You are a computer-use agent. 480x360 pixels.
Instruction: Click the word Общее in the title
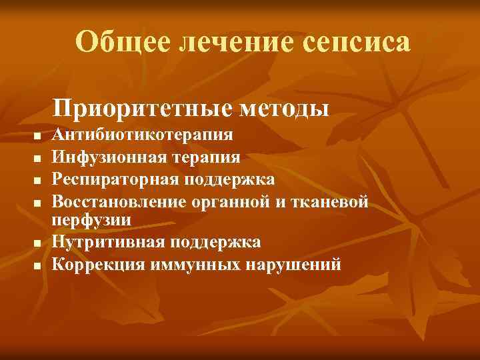pyautogui.click(x=120, y=43)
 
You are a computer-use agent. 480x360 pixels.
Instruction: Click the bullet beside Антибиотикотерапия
pyautogui.click(x=37, y=137)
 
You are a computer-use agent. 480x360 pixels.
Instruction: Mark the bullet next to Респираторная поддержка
pyautogui.click(x=37, y=181)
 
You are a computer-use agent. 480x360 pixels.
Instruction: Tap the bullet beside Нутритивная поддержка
pyautogui.click(x=37, y=243)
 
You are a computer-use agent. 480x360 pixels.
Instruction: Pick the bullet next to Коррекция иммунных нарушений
pyautogui.click(x=37, y=266)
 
